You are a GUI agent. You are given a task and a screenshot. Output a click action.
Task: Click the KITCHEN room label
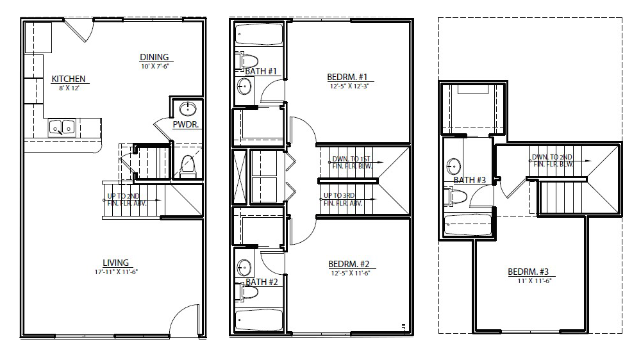[69, 79]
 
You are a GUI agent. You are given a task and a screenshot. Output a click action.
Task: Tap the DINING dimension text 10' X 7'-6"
[155, 66]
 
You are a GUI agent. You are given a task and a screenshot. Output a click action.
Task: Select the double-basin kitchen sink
[62, 128]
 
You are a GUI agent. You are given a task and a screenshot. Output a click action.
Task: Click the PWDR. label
[186, 125]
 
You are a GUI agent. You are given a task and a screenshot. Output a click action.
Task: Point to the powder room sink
[188, 109]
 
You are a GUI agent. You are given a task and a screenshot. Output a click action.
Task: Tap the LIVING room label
[115, 263]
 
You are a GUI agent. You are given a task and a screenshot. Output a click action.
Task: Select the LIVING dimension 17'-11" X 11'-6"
[116, 272]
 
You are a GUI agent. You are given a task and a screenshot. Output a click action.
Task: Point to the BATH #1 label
[261, 71]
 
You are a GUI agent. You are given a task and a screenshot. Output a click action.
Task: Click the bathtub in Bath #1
[259, 35]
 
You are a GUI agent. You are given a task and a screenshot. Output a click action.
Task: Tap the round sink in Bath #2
[244, 268]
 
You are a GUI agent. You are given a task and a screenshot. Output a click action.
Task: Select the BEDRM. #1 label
[347, 77]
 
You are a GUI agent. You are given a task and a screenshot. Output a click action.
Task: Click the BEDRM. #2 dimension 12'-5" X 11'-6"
[351, 273]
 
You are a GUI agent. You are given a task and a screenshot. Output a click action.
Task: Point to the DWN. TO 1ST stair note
[351, 162]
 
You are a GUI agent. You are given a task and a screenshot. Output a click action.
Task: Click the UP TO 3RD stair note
[342, 199]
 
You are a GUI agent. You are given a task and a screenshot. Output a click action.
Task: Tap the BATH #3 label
[470, 180]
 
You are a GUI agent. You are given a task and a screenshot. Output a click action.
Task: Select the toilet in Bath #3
[455, 197]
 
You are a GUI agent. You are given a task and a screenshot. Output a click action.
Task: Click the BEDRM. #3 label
[528, 272]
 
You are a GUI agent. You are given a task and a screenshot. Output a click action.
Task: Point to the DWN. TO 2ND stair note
[553, 161]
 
